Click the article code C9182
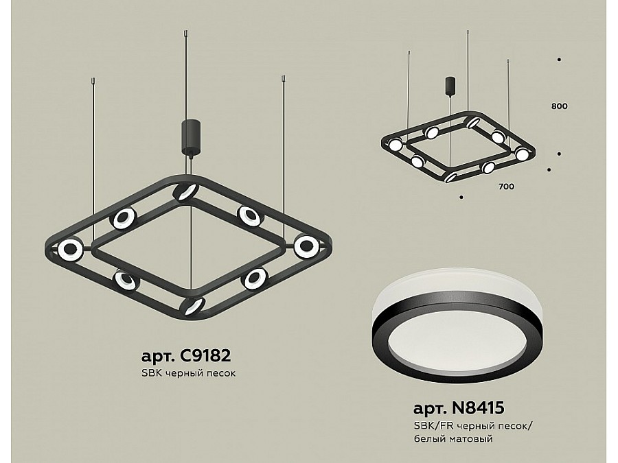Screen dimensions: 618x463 click(x=205, y=356)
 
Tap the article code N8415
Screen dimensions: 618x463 click(x=477, y=408)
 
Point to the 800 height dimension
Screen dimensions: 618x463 click(x=559, y=106)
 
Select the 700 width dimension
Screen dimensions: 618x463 click(x=507, y=187)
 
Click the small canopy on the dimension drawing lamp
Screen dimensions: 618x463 click(x=450, y=85)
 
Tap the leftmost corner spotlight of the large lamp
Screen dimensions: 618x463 click(x=70, y=250)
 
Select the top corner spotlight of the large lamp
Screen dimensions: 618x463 click(x=185, y=192)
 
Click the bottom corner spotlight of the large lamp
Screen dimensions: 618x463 click(x=192, y=306)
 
